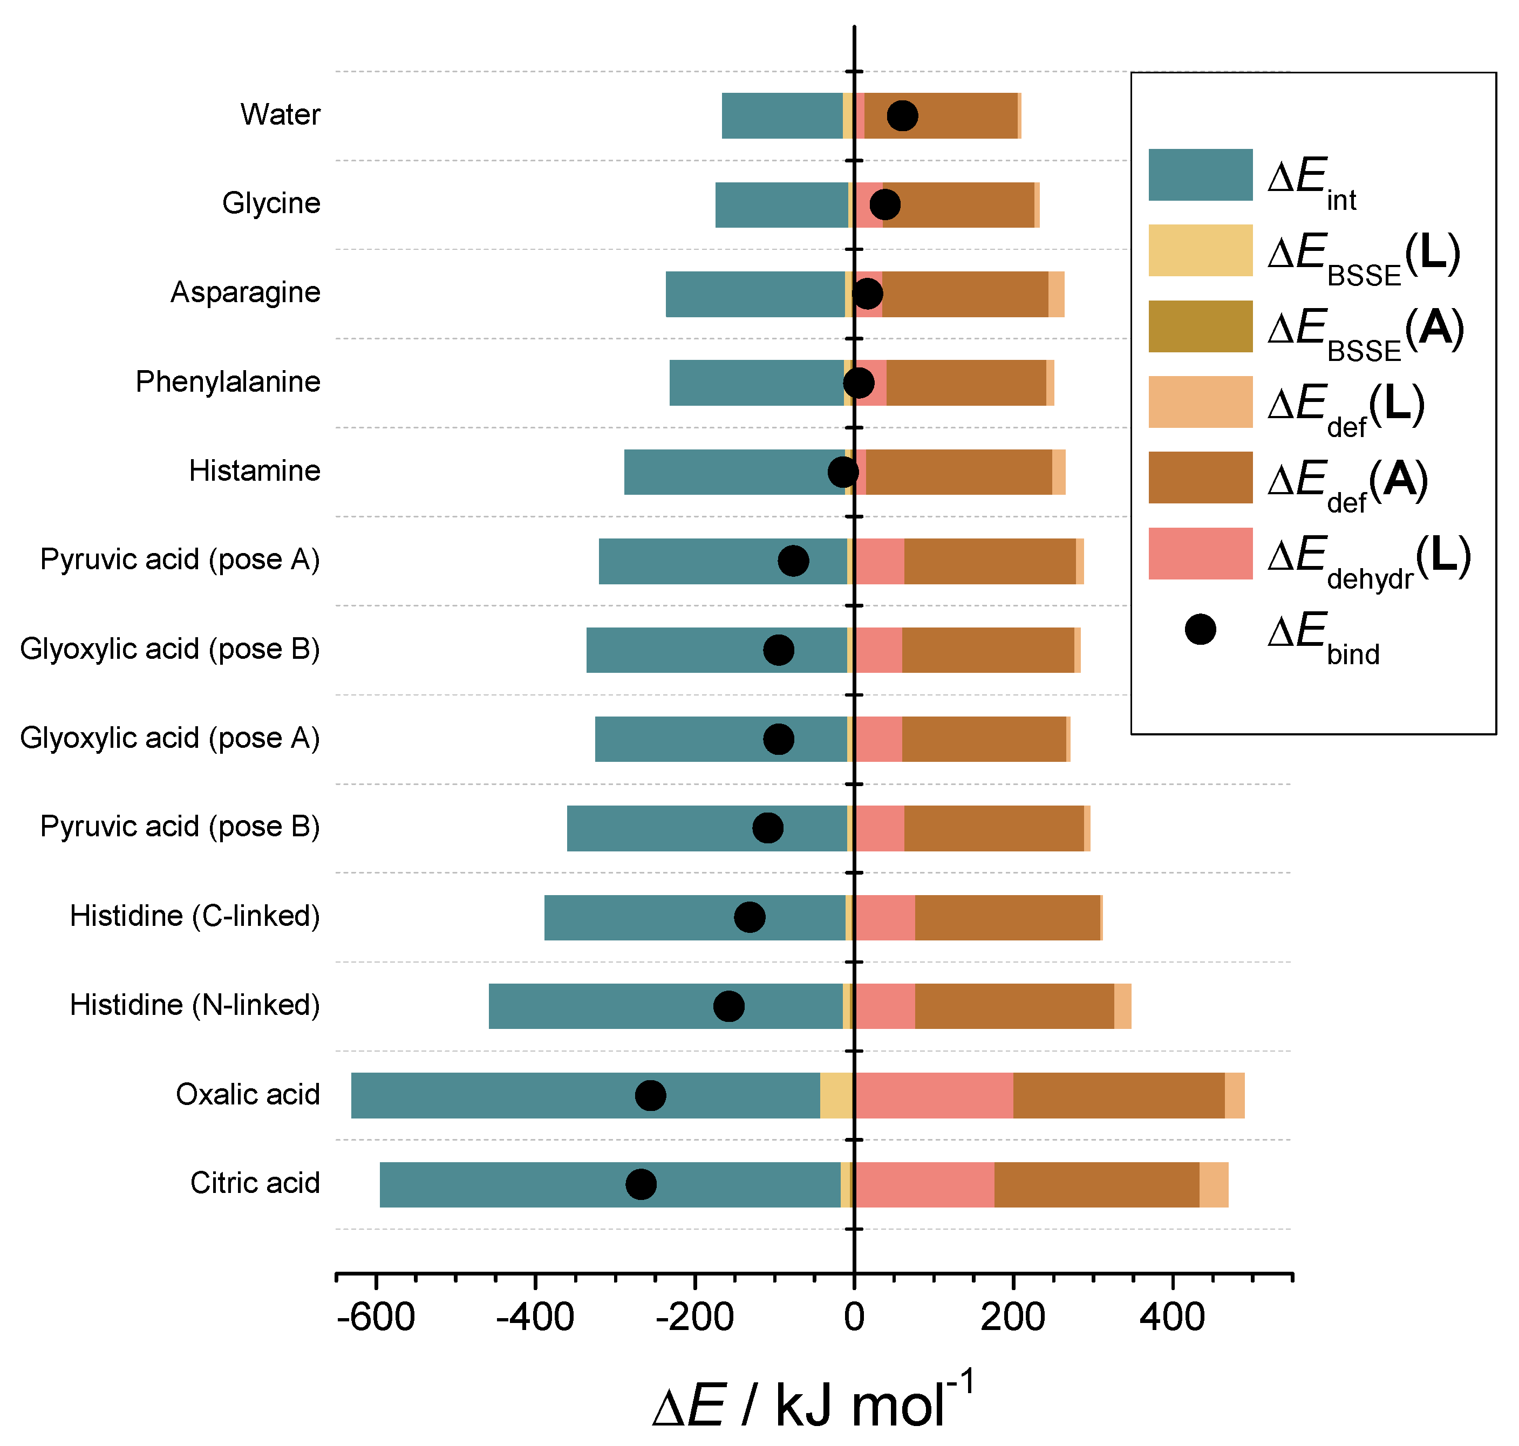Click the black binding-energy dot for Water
(902, 115)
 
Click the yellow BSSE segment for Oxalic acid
(836, 1095)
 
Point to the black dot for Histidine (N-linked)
(729, 1006)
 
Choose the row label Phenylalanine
(228, 381)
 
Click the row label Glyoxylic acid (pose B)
(169, 649)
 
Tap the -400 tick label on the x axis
(535, 1317)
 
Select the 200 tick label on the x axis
(1013, 1317)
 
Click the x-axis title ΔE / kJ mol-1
(813, 1404)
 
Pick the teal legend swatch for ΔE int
(1200, 175)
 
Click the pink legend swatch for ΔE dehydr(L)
(1200, 554)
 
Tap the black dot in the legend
(1200, 629)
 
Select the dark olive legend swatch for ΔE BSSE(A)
(1200, 326)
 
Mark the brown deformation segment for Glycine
(958, 205)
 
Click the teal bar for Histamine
(732, 472)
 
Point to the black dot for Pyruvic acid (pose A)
(794, 561)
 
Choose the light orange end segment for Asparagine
(1056, 294)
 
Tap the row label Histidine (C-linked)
(195, 916)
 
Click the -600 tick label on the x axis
(376, 1317)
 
